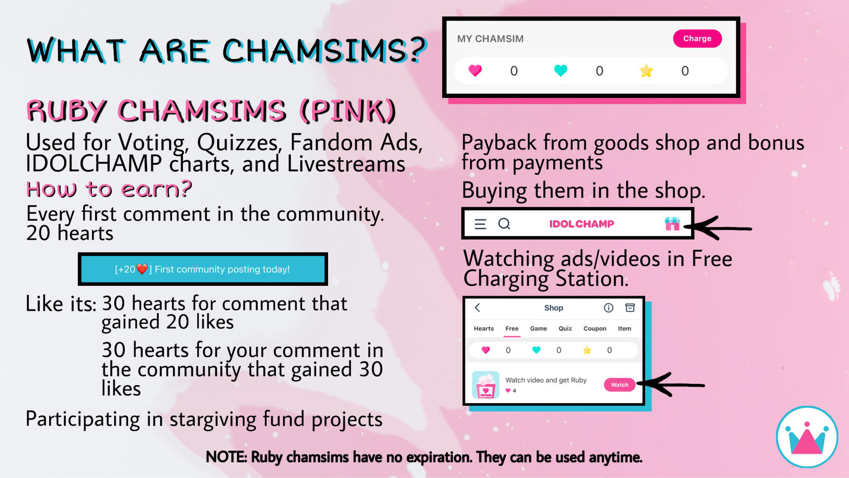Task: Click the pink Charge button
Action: [697, 39]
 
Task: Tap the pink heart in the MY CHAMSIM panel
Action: [475, 71]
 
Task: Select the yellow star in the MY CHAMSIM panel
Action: [646, 71]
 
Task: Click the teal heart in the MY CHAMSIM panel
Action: [561, 71]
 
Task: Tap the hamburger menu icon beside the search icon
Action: [480, 224]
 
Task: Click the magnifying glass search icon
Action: [504, 224]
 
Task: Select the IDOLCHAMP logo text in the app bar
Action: [581, 224]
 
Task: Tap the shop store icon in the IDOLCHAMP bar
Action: [672, 224]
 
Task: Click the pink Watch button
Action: [619, 385]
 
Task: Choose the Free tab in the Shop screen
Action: [512, 329]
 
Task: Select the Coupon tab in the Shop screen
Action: [595, 329]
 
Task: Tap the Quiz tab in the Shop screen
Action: [565, 329]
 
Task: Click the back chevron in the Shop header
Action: [477, 308]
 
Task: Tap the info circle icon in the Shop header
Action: [608, 308]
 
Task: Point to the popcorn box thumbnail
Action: [485, 385]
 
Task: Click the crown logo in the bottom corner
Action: [807, 437]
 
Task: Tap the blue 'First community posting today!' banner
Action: [203, 269]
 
